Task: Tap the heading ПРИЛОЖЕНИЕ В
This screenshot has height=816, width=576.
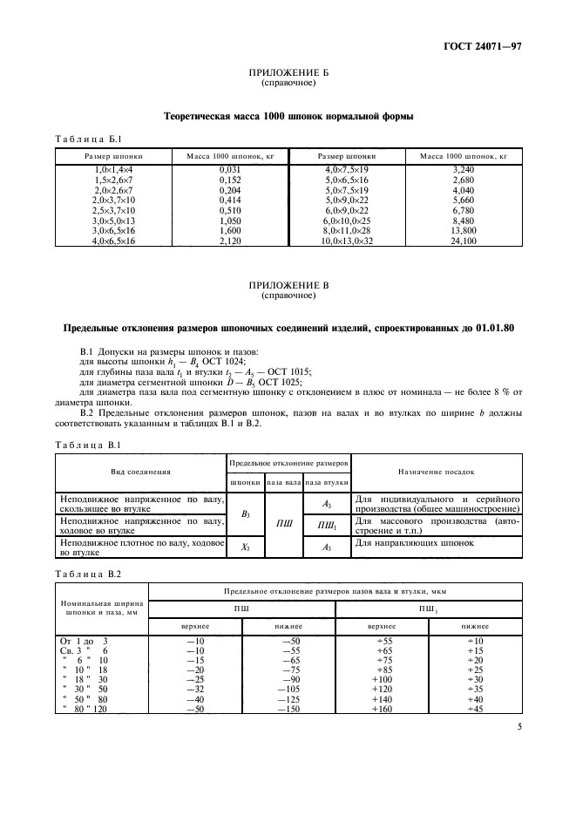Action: (x=288, y=287)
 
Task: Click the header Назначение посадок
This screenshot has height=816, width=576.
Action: (x=436, y=471)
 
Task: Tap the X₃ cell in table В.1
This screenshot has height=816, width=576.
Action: (x=245, y=547)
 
